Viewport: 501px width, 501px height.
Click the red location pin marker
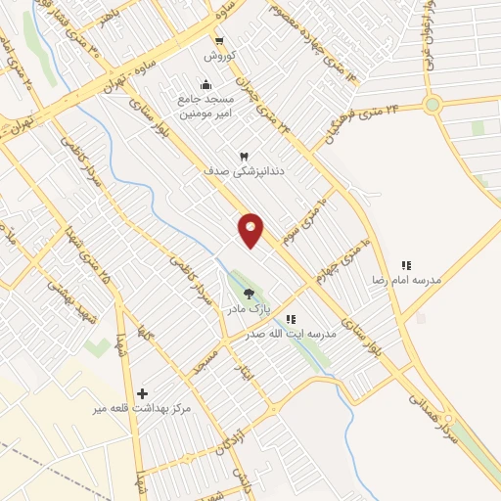coord(251,230)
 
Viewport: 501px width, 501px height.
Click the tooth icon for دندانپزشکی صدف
coord(245,156)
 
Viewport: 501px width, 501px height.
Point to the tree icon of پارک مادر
coord(248,293)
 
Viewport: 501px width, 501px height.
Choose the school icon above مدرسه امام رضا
coord(405,265)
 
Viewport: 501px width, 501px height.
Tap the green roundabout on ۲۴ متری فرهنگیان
coord(432,105)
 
